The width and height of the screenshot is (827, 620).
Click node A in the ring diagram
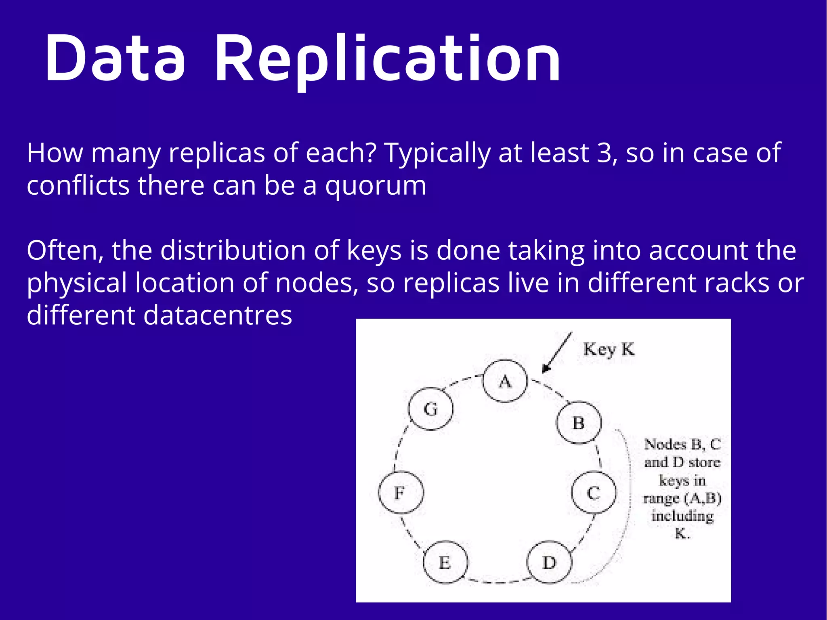coord(505,381)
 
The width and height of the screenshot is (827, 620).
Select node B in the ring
coord(579,423)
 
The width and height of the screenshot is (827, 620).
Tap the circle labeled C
coord(594,492)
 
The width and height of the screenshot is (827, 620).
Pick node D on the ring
coord(549,562)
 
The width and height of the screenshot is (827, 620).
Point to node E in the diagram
coord(445,562)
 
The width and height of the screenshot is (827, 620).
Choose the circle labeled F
coord(401,492)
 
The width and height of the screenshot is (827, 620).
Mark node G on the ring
coord(430,409)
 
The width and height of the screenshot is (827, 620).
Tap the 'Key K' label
coord(609,349)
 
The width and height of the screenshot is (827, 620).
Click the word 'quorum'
coord(376,187)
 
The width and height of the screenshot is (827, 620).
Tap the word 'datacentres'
coord(218,315)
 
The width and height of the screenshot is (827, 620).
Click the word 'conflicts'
coord(78,186)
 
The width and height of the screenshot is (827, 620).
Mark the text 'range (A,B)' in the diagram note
coord(682,498)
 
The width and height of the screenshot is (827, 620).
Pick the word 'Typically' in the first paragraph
coord(437,154)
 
